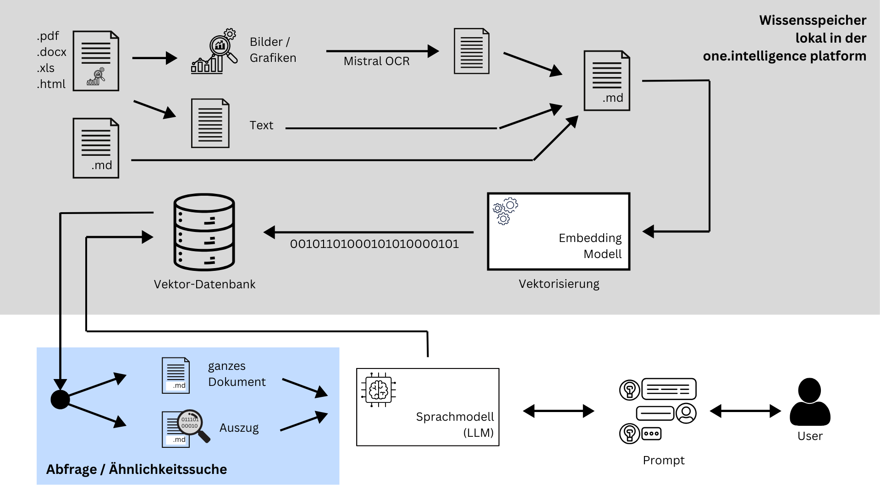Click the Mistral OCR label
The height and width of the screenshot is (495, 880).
coord(376,61)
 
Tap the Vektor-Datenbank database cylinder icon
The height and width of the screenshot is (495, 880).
coord(204,232)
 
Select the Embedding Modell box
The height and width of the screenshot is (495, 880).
coord(558,231)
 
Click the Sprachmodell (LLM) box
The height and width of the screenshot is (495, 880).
coord(428,407)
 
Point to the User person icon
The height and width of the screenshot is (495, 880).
coord(810,402)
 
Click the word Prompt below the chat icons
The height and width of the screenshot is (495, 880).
coord(663,460)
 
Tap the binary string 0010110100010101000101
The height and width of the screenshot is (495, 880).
coord(374,244)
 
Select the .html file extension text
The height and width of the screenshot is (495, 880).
coord(51,84)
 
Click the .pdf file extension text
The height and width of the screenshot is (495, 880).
coord(48,36)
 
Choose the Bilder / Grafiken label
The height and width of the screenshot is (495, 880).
coord(273,50)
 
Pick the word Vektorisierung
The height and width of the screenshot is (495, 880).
coord(559,284)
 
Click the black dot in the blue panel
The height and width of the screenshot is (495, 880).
coord(60,400)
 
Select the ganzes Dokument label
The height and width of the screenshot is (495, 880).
coord(236,374)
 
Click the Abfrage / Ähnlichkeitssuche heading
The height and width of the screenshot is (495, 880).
coord(137,469)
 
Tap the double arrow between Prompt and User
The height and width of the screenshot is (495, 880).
coord(745,411)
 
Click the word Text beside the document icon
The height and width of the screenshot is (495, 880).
coord(261,126)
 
